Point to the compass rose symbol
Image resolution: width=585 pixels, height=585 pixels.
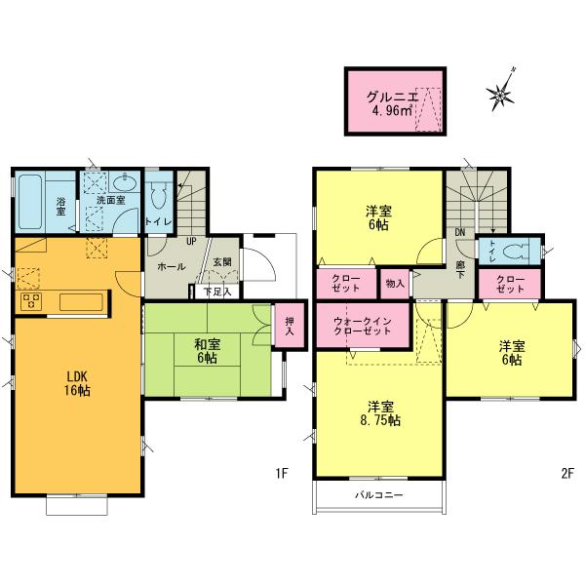point(501,94)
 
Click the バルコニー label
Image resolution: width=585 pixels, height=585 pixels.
point(379,495)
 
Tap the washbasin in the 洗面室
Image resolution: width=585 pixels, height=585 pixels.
point(126,185)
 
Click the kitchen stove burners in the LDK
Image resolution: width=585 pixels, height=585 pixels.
point(29,300)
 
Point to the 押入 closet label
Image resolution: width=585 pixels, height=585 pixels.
point(288,325)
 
